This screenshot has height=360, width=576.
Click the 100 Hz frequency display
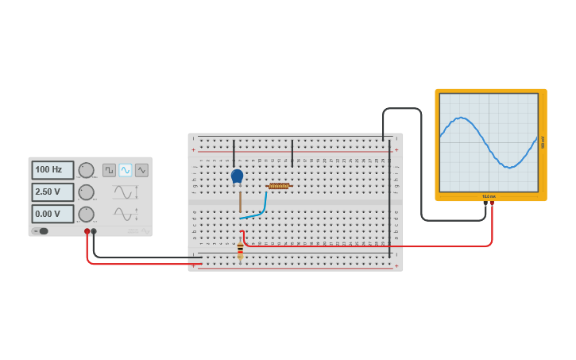[x=52, y=170]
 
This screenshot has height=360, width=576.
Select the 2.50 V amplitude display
[x=52, y=192]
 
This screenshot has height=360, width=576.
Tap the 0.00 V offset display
[x=52, y=214]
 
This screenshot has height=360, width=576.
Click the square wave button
[x=109, y=170]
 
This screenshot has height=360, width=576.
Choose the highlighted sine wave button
[x=126, y=170]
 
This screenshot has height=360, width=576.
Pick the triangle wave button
[x=141, y=170]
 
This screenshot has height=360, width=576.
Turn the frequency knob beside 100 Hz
[x=86, y=170]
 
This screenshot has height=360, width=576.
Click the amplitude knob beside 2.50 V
[x=86, y=192]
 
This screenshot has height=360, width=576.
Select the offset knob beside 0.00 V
[x=86, y=214]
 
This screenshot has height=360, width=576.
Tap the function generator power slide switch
[x=40, y=231]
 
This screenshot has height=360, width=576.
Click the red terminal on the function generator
[x=87, y=231]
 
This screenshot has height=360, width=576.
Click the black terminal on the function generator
[x=94, y=231]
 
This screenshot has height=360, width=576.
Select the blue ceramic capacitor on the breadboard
[x=237, y=176]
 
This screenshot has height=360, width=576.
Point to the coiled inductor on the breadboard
[x=279, y=186]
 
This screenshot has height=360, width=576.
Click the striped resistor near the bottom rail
[x=240, y=251]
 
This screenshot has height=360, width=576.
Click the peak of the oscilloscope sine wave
[x=461, y=118]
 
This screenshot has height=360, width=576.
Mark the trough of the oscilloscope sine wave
[x=512, y=167]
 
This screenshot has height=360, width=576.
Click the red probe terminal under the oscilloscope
[x=492, y=203]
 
